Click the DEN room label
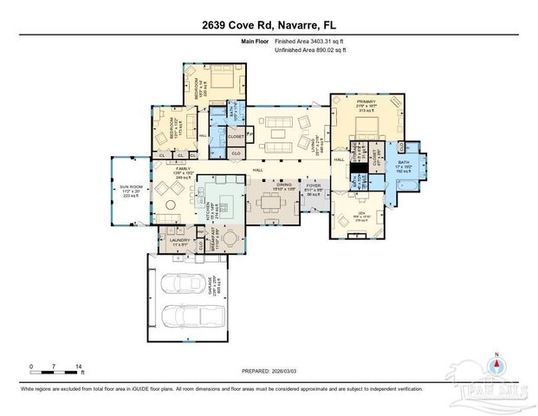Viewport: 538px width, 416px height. tap(362, 218)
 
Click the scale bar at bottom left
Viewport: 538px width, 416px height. tap(55, 371)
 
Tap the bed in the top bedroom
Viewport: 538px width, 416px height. tap(215, 84)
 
